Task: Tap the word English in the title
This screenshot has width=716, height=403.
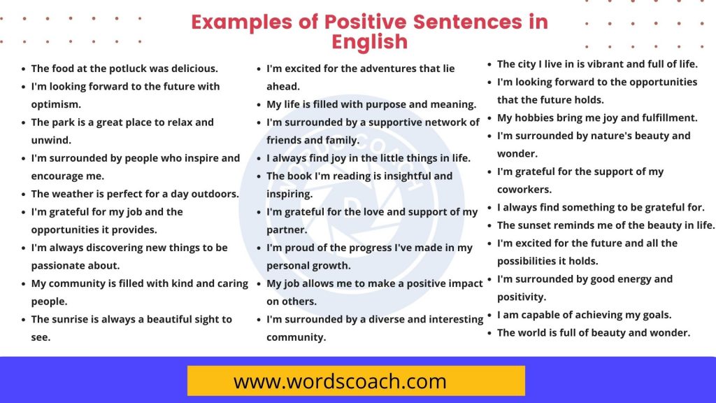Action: (x=369, y=41)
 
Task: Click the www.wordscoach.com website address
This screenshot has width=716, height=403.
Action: (x=340, y=381)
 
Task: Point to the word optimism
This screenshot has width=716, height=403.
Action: (x=56, y=104)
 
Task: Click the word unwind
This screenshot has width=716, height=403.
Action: (x=51, y=140)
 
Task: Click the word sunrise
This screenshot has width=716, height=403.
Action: (x=74, y=319)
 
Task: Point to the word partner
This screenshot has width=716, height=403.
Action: (x=287, y=229)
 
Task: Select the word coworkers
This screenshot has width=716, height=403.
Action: (x=524, y=189)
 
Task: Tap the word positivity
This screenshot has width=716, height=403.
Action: (x=522, y=297)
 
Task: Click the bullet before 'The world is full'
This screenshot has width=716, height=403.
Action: (x=490, y=333)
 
